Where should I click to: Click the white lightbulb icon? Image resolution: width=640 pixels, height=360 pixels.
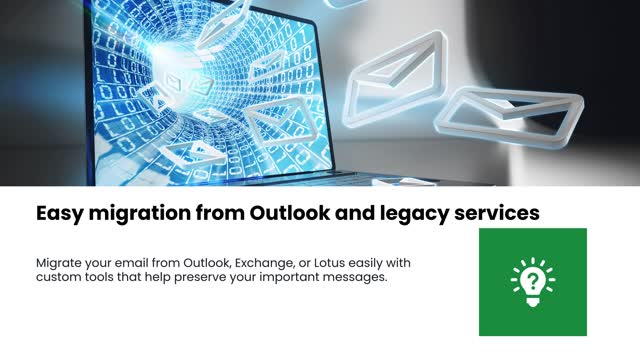pos(532,281)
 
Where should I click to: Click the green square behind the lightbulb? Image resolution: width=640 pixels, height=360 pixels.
pos(500,315)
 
